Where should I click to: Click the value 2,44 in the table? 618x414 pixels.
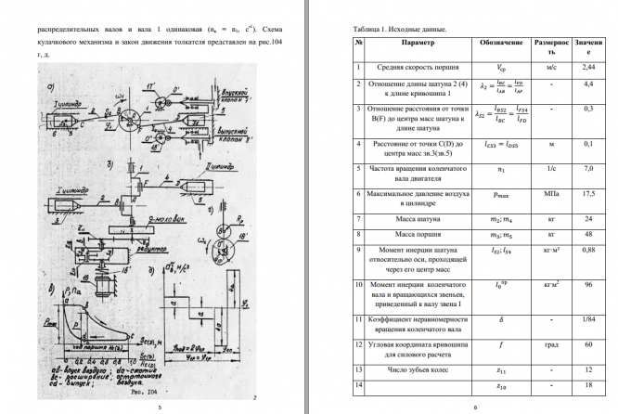587,68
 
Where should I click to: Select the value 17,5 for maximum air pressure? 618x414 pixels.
587,196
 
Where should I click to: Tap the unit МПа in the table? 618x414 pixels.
551,196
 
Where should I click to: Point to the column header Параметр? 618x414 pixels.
417,44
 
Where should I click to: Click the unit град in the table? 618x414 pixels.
551,345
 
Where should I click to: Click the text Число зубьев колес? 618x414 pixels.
417,369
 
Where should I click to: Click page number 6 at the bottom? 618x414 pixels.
474,407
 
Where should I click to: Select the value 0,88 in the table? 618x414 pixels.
587,250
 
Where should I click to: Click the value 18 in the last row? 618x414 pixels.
587,384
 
